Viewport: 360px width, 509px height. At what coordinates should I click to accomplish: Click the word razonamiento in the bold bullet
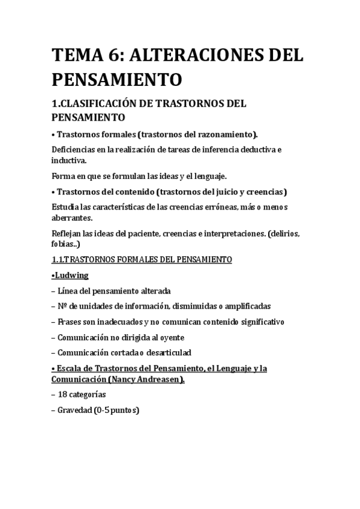point(223,134)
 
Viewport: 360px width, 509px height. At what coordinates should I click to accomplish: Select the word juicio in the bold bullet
point(221,192)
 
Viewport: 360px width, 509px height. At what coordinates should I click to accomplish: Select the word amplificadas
point(241,306)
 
